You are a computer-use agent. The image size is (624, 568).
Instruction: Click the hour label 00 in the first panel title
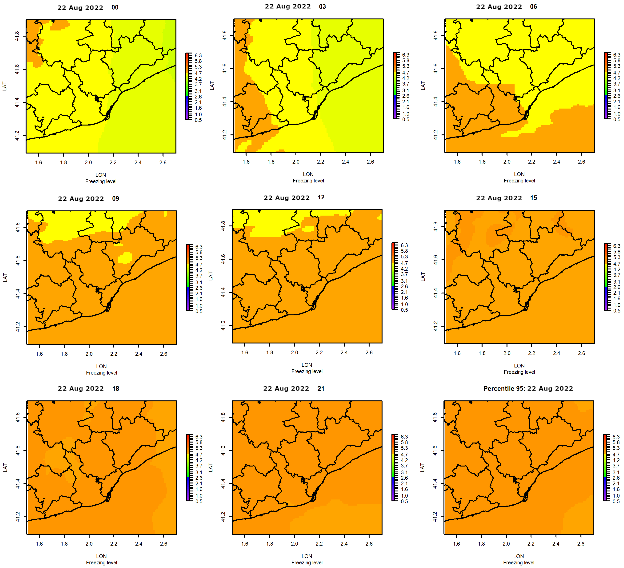click(115, 7)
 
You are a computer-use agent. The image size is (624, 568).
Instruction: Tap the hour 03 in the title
click(322, 6)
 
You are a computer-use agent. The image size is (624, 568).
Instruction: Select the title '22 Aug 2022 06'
click(506, 7)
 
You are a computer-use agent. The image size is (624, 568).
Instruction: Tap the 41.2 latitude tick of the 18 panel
click(18, 517)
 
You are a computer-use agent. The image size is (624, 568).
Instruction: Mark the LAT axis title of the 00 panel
click(5, 86)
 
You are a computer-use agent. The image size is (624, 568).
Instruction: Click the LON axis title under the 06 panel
click(519, 174)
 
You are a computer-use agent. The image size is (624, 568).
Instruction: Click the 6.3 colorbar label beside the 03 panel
click(405, 55)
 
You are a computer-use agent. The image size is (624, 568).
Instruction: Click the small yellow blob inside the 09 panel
click(125, 257)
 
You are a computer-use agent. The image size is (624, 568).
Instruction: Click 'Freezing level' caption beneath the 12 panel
click(307, 371)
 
